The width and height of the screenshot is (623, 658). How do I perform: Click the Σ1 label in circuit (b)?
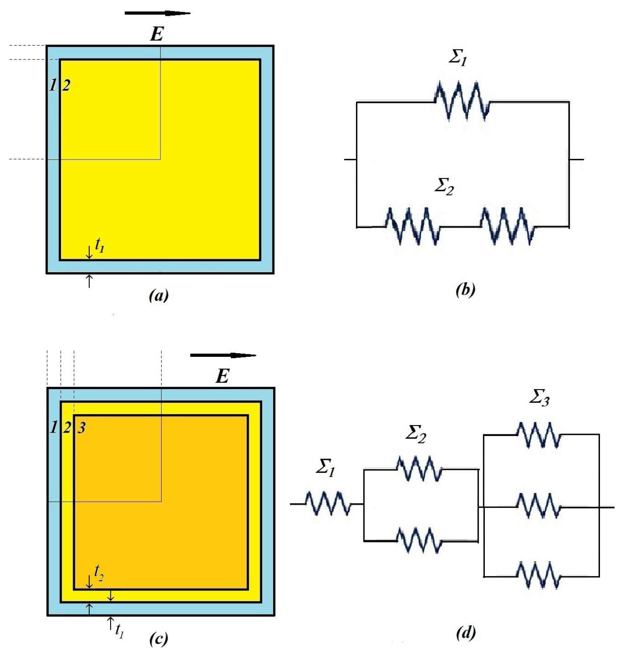pos(458,57)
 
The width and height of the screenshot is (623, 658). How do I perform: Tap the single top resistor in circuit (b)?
pos(462,101)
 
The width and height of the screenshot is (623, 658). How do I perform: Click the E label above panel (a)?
pos(157,34)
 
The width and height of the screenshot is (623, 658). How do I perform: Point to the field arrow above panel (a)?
pos(157,13)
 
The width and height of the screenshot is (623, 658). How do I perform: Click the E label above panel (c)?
pos(223,376)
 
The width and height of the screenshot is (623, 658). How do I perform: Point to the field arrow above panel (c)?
pos(223,355)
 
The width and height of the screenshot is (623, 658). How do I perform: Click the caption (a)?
pos(158,295)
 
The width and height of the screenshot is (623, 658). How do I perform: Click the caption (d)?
pos(465,633)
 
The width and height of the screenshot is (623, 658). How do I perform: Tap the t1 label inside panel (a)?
pos(99,245)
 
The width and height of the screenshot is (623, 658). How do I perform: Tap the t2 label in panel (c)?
pos(99,572)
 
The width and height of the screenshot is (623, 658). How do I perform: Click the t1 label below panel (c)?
pos(119,630)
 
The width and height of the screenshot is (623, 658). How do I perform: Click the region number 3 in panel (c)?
pos(82,427)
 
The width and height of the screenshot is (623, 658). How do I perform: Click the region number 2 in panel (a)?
pos(66,85)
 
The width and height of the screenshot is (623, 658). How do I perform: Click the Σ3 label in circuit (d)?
pos(539,397)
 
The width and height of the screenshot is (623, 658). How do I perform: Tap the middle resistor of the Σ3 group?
pos(539,506)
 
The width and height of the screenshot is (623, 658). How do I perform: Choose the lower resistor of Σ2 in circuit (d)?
pos(419,540)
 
